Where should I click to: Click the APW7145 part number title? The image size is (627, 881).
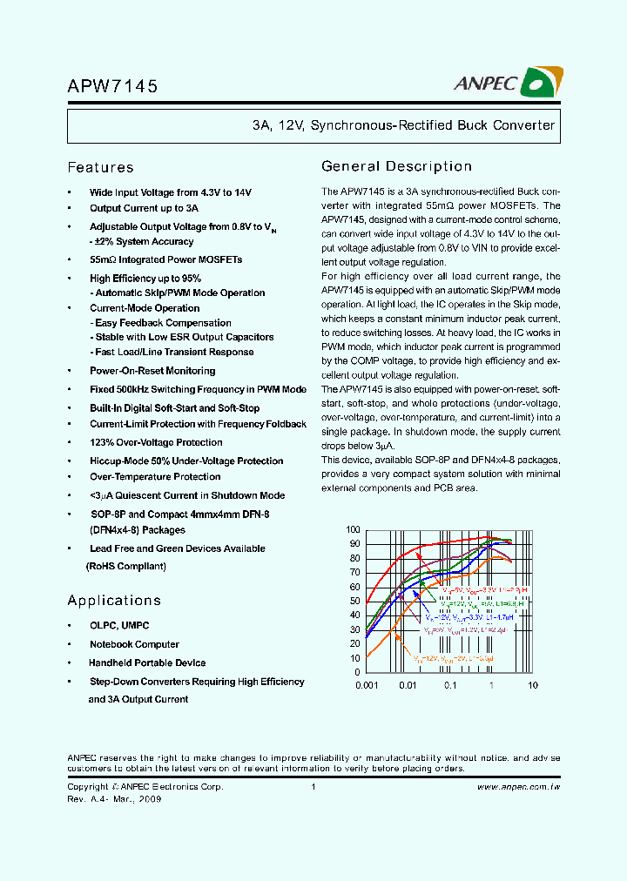click(x=112, y=87)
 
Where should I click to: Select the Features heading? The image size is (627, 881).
click(x=100, y=168)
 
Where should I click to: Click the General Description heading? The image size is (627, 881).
click(x=396, y=166)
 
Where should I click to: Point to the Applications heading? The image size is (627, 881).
click(x=114, y=601)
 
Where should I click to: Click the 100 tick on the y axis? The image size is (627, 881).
click(x=353, y=530)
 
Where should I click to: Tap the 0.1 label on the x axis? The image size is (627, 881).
click(x=450, y=685)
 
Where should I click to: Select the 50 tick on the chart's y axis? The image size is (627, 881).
click(x=355, y=601)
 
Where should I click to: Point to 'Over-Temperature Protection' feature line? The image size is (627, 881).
click(x=155, y=477)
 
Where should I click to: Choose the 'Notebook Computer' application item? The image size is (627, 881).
click(x=134, y=645)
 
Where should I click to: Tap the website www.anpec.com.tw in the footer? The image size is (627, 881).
click(x=518, y=787)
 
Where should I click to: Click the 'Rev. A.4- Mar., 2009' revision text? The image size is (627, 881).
click(x=114, y=799)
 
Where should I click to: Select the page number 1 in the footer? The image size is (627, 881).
click(x=313, y=787)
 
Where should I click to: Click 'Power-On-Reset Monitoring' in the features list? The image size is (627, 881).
click(x=152, y=371)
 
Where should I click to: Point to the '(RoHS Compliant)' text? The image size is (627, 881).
click(x=125, y=566)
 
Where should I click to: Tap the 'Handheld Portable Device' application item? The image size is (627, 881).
click(x=147, y=663)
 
